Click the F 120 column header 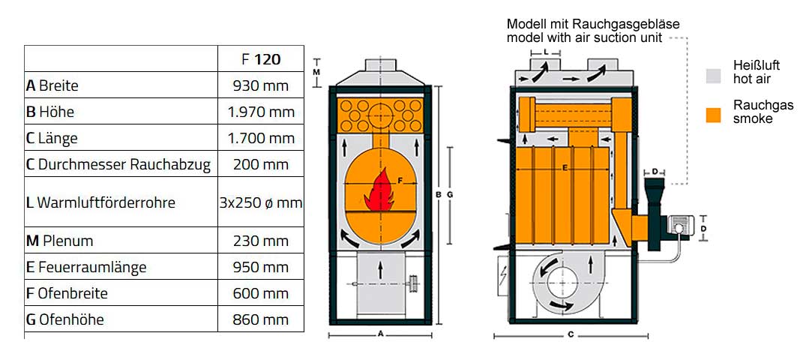point(261,58)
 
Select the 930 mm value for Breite point(261,85)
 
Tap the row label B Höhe point(50,112)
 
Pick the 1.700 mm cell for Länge point(261,138)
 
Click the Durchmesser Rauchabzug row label point(118,164)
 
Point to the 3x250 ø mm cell point(261,202)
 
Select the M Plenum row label point(60,241)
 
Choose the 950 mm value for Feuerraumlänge point(261,267)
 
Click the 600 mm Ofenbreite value point(261,293)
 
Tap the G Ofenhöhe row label point(64,319)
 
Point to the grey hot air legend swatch point(713,75)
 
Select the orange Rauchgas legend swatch point(713,115)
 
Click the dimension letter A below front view point(380,331)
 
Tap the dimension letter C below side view point(571,334)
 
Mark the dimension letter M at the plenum point(316,72)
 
